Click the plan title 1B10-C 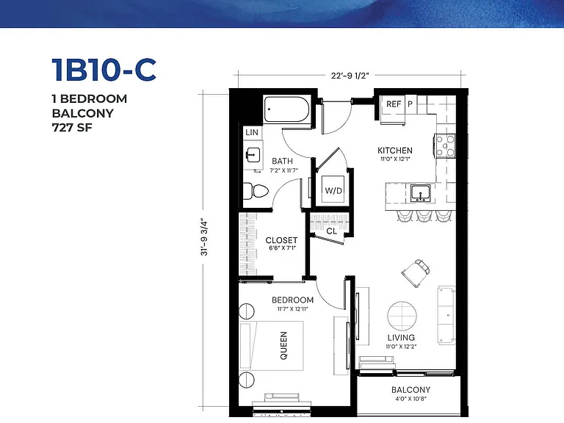pos(104,70)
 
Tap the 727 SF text pos(72,128)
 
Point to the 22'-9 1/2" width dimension pos(350,76)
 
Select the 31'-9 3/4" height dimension pos(204,236)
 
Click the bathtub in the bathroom pos(286,109)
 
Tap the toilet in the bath pos(256,191)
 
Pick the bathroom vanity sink pos(253,155)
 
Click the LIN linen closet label pos(252,132)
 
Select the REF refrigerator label pos(394,104)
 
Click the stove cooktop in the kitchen pos(446,145)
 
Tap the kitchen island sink pos(421,194)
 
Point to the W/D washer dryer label pos(333,191)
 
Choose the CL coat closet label pos(332,231)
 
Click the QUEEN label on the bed pos(283,345)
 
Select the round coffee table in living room pos(402,316)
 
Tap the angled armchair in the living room pos(416,272)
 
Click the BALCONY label pos(411,389)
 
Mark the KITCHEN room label pos(395,151)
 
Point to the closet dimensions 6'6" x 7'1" pos(282,247)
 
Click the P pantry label pos(410,104)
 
